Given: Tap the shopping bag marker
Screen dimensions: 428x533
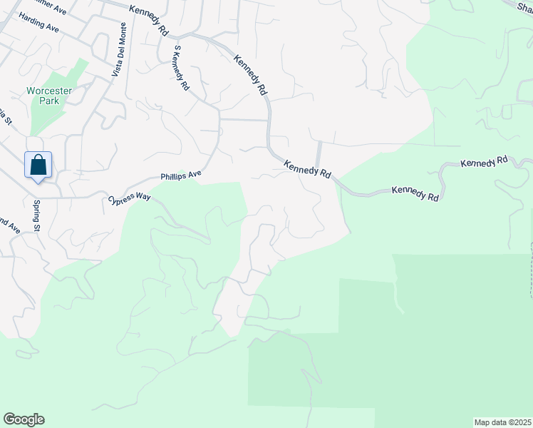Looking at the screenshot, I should coord(38,165).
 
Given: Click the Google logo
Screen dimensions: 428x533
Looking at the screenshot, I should coord(24,419).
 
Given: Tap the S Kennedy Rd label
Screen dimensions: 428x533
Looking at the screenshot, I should coord(181,67).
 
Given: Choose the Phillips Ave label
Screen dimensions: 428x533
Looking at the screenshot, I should coord(181,174).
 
